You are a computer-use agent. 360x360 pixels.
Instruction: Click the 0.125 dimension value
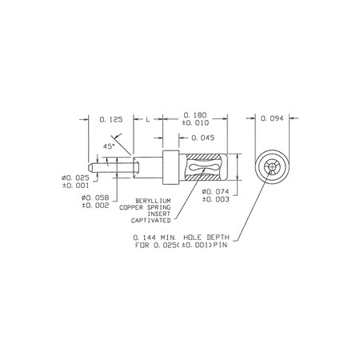(x=111, y=119)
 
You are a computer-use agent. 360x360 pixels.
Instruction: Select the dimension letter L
(x=148, y=119)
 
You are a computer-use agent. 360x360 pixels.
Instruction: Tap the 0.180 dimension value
(x=195, y=115)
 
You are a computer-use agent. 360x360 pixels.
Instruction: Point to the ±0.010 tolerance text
(x=195, y=123)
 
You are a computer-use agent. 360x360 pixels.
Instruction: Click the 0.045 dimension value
(x=203, y=138)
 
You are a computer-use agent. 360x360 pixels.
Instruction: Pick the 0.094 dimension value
(x=272, y=118)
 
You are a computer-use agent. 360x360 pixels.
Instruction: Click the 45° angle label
(x=109, y=146)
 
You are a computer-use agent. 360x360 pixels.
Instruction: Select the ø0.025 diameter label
(x=75, y=178)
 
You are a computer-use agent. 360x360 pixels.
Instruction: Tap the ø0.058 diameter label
(x=95, y=198)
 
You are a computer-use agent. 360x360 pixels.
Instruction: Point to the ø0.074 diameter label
(x=215, y=191)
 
